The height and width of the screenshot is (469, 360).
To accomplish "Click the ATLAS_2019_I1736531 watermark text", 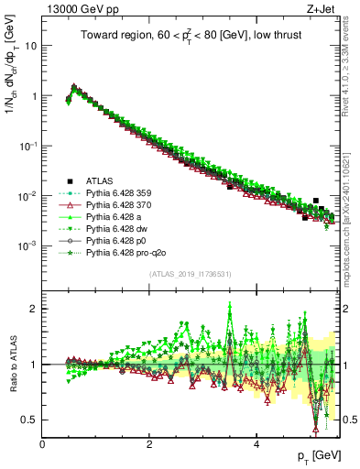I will (190, 274).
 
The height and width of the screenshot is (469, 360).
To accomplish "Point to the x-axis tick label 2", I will (149, 443).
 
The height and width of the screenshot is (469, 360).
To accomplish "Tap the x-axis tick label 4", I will (256, 443).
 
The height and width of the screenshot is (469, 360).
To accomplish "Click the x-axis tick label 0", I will (43, 443).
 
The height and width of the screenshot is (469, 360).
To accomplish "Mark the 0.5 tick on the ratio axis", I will (29, 420).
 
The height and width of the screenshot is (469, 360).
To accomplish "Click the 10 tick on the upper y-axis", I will (29, 45).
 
